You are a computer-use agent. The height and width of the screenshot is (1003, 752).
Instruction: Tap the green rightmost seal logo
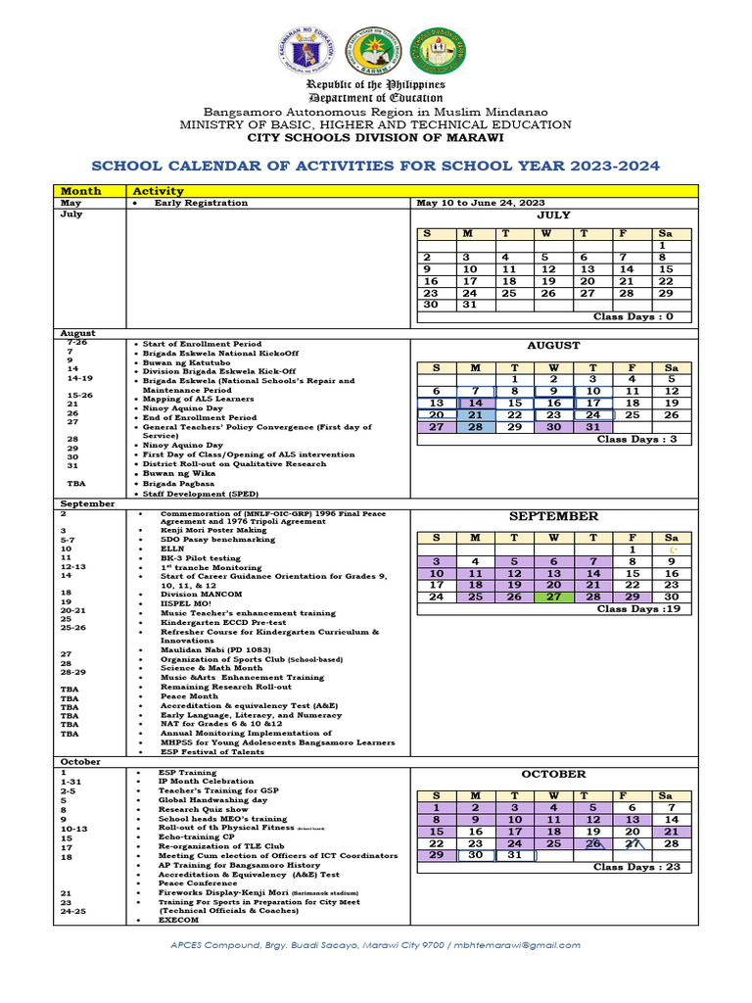(437, 49)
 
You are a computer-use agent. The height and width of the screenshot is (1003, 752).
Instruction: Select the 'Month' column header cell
(80, 190)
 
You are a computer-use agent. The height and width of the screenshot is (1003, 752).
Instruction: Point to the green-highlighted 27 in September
(553, 597)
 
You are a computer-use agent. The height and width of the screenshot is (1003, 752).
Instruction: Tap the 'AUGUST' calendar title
(553, 346)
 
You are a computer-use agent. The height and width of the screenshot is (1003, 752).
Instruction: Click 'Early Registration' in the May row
(201, 203)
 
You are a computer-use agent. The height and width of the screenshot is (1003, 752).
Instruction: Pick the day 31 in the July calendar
(469, 304)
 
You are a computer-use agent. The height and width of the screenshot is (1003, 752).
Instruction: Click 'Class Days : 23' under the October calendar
(635, 867)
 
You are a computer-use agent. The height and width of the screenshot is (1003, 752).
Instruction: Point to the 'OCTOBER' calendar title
(553, 774)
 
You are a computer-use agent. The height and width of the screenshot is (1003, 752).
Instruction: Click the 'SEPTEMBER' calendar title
(553, 516)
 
